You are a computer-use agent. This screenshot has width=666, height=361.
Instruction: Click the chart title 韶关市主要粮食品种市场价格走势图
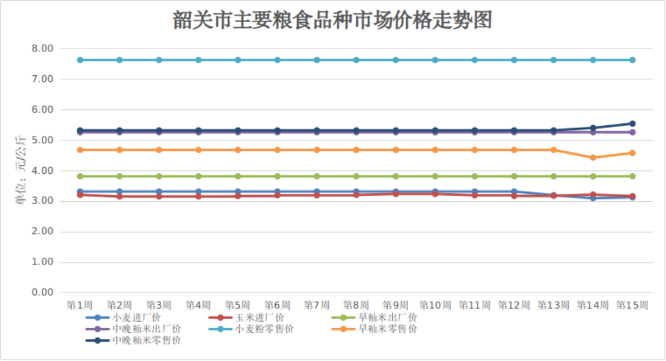click(x=332, y=21)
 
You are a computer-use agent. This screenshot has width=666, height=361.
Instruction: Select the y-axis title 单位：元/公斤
click(x=21, y=171)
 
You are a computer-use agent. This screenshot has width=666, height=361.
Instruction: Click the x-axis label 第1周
click(x=80, y=305)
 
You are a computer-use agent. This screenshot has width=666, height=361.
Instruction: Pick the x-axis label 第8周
click(x=356, y=305)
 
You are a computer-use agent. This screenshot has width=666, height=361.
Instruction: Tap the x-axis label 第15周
click(x=632, y=305)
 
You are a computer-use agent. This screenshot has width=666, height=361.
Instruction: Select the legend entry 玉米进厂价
click(x=260, y=318)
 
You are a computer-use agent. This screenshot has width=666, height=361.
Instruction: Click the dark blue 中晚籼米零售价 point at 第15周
click(x=632, y=124)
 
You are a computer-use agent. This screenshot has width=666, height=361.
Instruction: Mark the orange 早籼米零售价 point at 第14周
click(x=593, y=158)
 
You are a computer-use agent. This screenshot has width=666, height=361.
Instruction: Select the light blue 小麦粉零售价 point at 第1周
click(x=80, y=60)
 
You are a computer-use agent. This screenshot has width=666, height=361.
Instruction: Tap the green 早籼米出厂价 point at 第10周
click(x=435, y=177)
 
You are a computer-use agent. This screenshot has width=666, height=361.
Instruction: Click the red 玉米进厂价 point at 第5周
click(x=238, y=196)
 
